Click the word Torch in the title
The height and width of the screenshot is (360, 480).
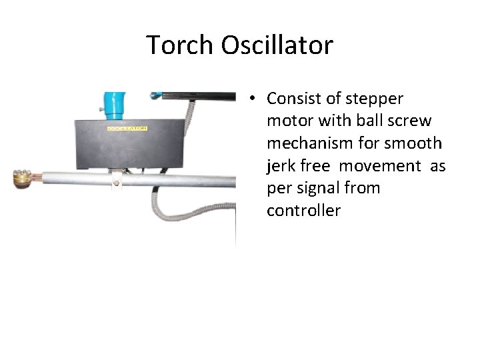click(181, 45)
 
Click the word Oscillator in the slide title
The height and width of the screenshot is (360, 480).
click(277, 45)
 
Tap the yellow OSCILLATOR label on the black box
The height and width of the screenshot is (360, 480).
click(127, 128)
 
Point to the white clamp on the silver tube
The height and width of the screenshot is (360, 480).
click(116, 181)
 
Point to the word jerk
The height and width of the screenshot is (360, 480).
click(281, 166)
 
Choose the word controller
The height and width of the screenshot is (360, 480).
click(303, 211)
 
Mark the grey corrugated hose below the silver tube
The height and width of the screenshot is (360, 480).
click(163, 207)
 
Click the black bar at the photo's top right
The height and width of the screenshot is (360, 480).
click(200, 95)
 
